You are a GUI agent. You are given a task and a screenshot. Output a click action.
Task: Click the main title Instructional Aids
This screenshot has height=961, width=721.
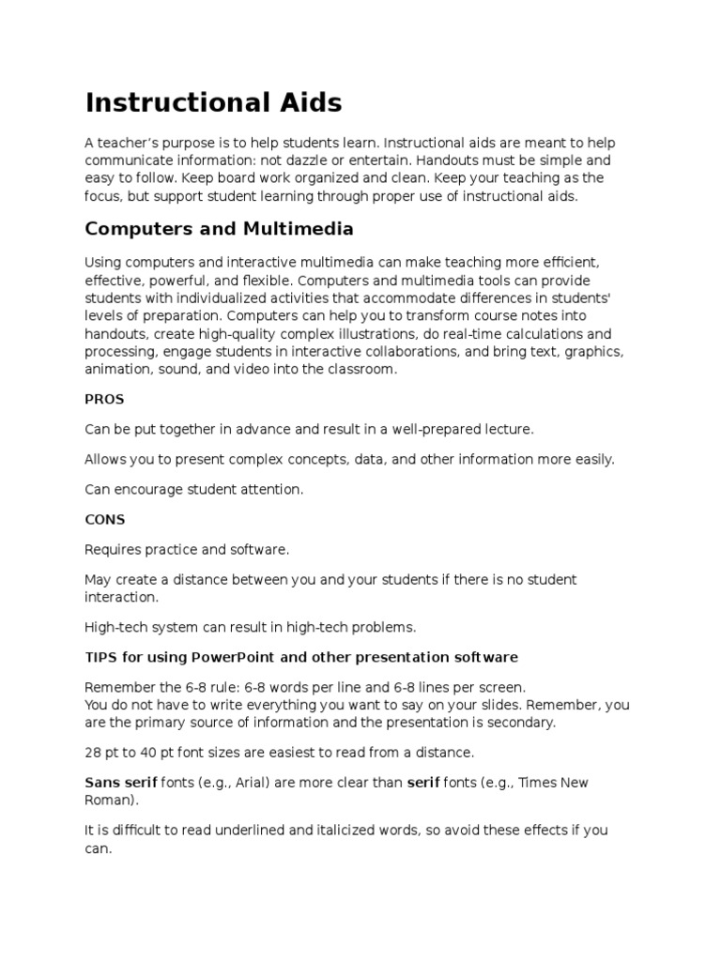point(213,102)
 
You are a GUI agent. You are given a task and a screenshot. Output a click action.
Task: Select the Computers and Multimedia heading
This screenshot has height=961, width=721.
point(219,228)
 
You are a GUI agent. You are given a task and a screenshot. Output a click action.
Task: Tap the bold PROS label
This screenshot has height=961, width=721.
point(104,399)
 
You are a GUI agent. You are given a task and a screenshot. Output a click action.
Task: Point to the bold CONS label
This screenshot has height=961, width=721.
point(104,519)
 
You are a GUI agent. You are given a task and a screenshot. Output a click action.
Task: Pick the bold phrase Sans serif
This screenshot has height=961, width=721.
point(120,783)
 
